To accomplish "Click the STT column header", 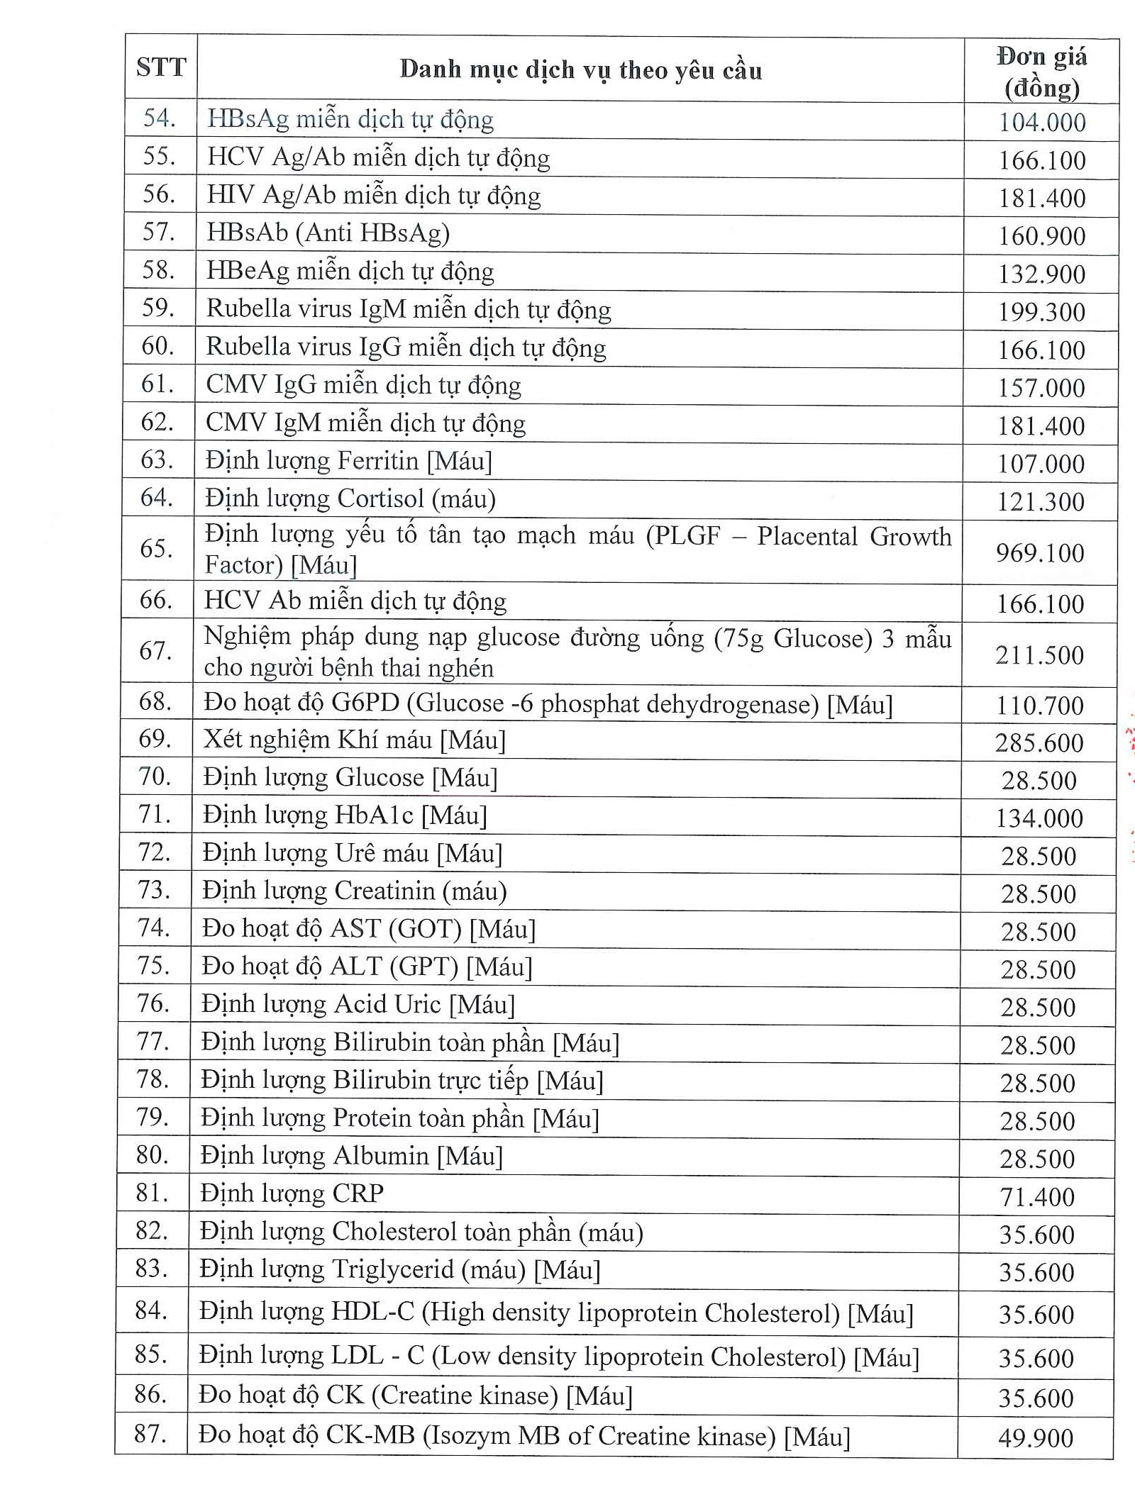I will (x=161, y=67).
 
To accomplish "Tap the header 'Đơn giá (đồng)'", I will (x=1041, y=72).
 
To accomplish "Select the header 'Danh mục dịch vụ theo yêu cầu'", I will (x=580, y=69).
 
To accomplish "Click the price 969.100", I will (x=1040, y=552).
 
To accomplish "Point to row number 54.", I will (x=159, y=118).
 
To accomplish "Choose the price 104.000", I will (x=1042, y=123).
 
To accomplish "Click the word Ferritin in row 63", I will (x=377, y=461).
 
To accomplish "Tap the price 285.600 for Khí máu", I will (x=1039, y=742).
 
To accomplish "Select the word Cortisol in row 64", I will (x=380, y=499).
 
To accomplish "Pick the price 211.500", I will (x=1039, y=655).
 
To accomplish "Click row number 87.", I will (x=150, y=1433).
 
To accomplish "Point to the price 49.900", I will (x=1036, y=1437).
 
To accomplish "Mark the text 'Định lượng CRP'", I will (x=292, y=1193).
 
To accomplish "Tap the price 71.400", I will (x=1037, y=1197).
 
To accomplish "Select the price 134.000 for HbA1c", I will (x=1039, y=818).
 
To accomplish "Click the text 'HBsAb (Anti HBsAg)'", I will (x=328, y=233).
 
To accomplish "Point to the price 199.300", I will (x=1041, y=312).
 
